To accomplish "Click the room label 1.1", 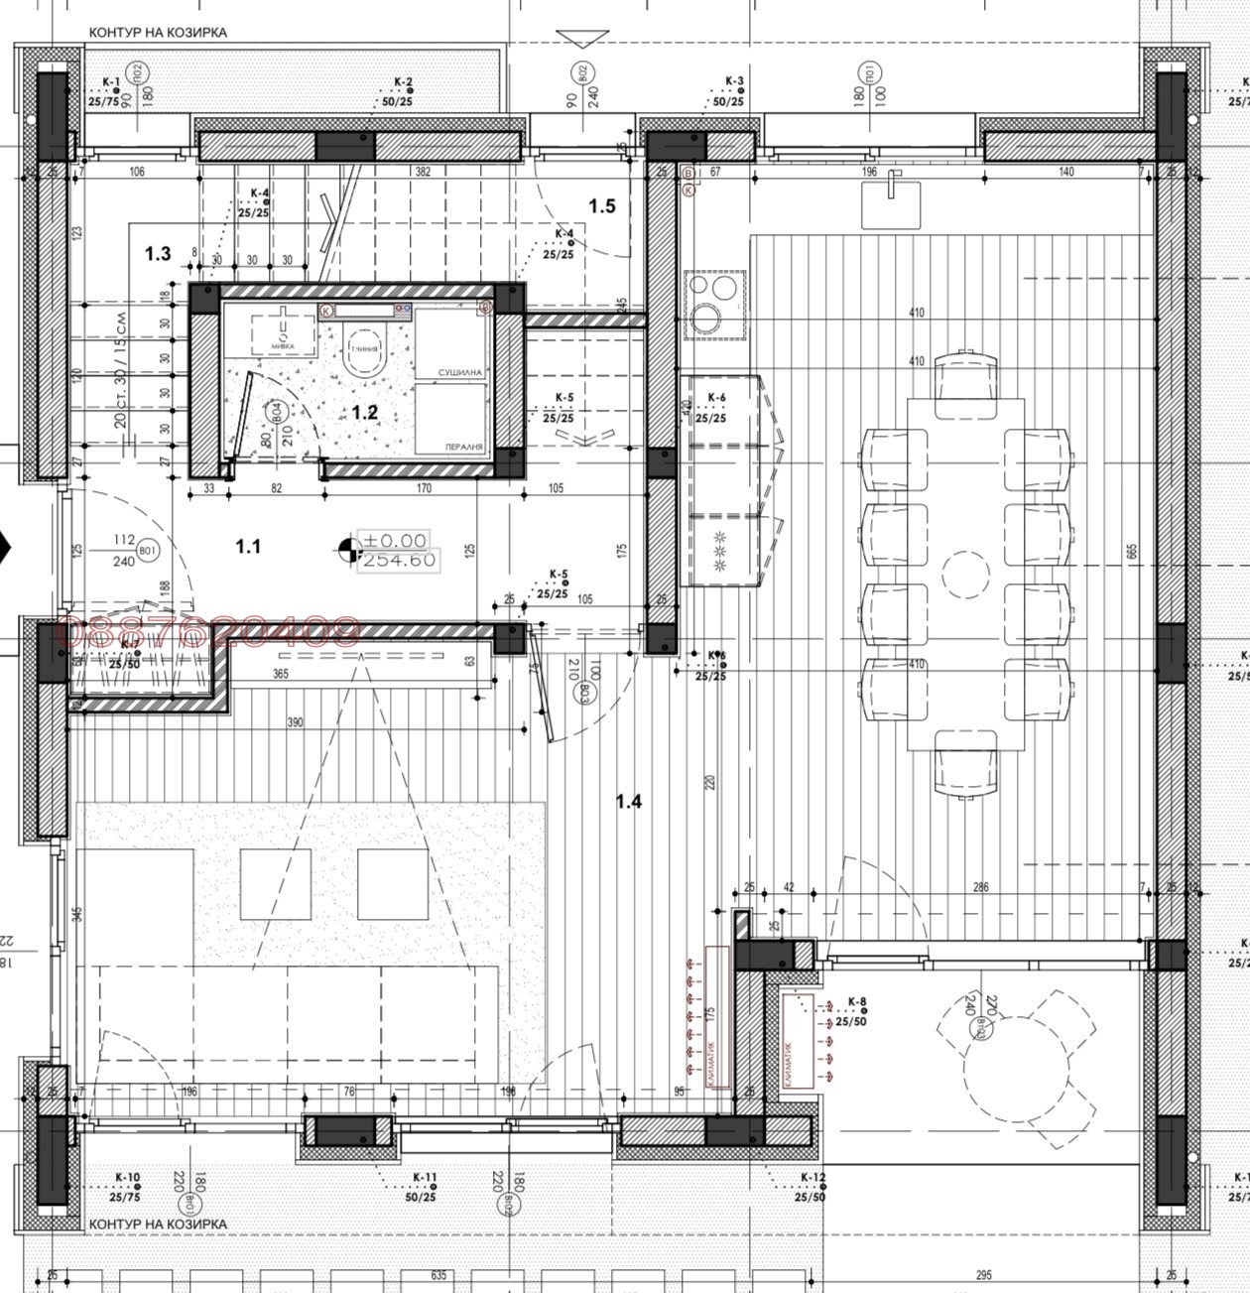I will click(247, 546).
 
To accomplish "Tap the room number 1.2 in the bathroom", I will click(365, 412).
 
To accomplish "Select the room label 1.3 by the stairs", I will click(158, 254).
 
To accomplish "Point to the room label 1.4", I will click(629, 802).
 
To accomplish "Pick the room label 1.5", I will click(602, 206).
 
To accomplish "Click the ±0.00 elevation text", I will click(396, 541).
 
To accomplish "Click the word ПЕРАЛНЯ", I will click(462, 448).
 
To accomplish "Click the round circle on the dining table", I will click(965, 575).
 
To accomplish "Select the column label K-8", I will click(857, 1002).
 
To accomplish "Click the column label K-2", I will click(403, 82).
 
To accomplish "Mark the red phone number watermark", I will click(210, 632).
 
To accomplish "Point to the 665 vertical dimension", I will click(1132, 552).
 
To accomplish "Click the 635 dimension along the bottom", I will click(439, 1275).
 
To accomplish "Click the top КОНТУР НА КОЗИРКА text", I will click(158, 33).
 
